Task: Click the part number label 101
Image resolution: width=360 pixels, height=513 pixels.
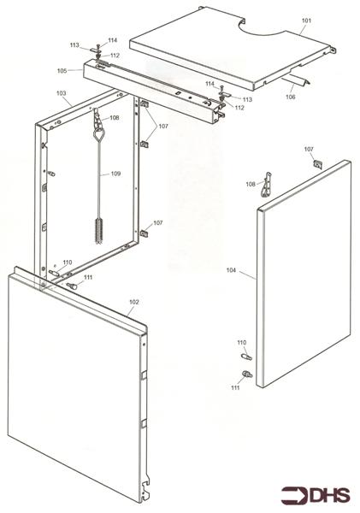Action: [x=307, y=19]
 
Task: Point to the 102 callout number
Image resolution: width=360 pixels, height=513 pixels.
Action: [x=133, y=302]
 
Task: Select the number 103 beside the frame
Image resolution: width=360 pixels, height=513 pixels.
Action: [x=62, y=92]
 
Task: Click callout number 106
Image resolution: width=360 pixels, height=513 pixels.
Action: [x=292, y=97]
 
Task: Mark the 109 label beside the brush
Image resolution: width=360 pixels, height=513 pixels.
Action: [x=115, y=174]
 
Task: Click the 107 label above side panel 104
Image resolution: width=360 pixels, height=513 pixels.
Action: [x=309, y=150]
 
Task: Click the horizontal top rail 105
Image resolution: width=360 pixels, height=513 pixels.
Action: [x=154, y=95]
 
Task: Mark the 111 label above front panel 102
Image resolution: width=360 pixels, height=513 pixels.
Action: [x=88, y=277]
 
